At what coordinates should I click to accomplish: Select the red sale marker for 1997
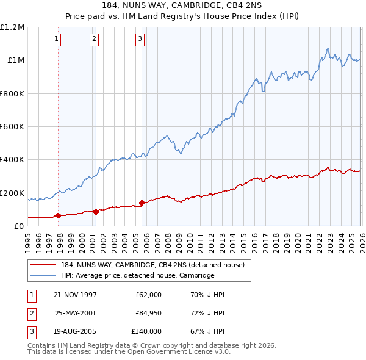pyautogui.click(x=58, y=215)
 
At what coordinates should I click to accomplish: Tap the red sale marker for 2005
pyautogui.click(x=142, y=203)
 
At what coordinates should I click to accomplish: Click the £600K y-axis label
pyautogui.click(x=12, y=127)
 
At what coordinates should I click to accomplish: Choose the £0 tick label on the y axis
pyautogui.click(x=18, y=226)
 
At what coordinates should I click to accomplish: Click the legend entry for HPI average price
pyautogui.click(x=138, y=275)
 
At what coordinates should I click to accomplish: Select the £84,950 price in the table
pyautogui.click(x=145, y=313)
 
